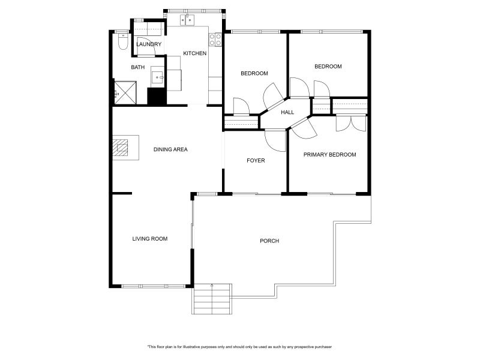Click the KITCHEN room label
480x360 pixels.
click(194, 53)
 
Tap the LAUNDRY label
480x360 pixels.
click(149, 44)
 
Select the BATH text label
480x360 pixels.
click(138, 67)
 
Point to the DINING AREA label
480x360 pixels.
click(170, 149)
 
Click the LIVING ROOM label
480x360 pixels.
click(149, 239)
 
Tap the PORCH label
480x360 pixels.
click(269, 241)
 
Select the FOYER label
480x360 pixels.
click(256, 160)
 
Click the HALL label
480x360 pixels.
click(287, 112)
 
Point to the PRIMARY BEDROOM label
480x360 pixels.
click(329, 155)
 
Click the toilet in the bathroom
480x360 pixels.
click(123, 41)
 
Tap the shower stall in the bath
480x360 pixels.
click(125, 92)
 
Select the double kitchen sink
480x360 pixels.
click(187, 20)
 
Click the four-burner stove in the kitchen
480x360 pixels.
click(215, 40)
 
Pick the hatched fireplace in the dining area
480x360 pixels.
click(120, 148)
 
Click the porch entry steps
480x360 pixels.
click(212, 298)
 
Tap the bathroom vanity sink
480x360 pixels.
click(158, 77)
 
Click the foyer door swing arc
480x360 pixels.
click(275, 141)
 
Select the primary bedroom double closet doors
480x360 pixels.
click(351, 123)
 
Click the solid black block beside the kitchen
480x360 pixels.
click(157, 96)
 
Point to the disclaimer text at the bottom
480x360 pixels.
click(239, 347)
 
